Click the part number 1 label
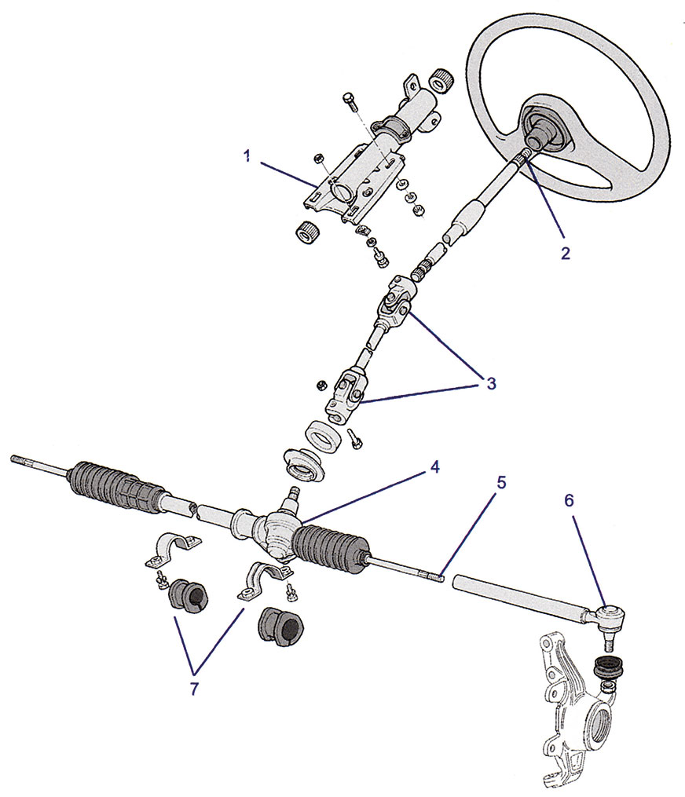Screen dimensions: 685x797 [x=247, y=156]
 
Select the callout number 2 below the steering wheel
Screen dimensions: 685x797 [x=566, y=253]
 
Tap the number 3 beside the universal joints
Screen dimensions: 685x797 [x=491, y=383]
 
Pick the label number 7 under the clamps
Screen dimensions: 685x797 [x=194, y=689]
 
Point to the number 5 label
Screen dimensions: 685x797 [x=501, y=482]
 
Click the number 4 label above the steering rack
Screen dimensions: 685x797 [x=434, y=466]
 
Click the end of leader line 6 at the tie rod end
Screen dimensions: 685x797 [x=605, y=606]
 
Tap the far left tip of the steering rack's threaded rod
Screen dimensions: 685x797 [x=11, y=459]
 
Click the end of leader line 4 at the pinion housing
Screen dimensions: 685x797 [x=301, y=522]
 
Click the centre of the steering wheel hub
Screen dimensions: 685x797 [x=540, y=133]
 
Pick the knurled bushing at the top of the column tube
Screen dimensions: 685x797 [x=441, y=80]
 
